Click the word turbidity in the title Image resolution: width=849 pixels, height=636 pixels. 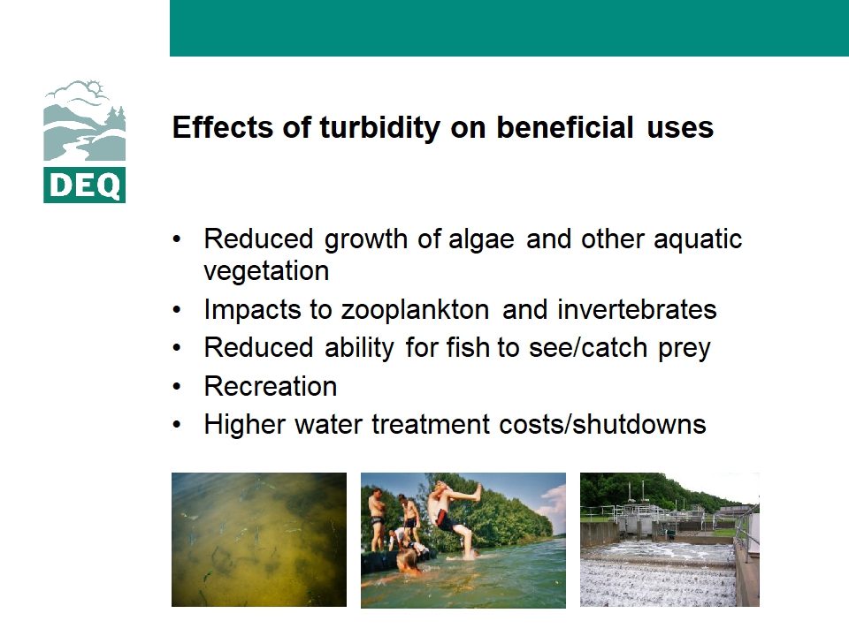380,128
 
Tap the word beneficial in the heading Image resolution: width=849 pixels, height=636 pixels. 565,127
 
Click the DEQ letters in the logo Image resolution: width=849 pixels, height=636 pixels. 85,185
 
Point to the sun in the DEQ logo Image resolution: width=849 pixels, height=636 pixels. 96,87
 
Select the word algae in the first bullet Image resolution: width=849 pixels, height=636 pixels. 481,240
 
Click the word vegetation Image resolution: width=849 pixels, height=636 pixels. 266,271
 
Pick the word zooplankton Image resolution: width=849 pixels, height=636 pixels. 416,310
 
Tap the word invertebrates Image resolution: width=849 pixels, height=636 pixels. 637,310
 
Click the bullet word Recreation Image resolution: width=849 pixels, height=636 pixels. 271,387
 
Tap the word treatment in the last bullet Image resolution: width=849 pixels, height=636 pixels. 431,425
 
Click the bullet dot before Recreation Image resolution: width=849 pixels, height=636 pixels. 177,387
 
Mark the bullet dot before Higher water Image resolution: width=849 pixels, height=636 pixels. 177,425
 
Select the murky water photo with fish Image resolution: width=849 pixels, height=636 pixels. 259,540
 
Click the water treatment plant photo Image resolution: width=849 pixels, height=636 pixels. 669,540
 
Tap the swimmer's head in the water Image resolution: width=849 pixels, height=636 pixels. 407,561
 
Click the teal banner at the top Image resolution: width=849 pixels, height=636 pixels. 509,28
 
